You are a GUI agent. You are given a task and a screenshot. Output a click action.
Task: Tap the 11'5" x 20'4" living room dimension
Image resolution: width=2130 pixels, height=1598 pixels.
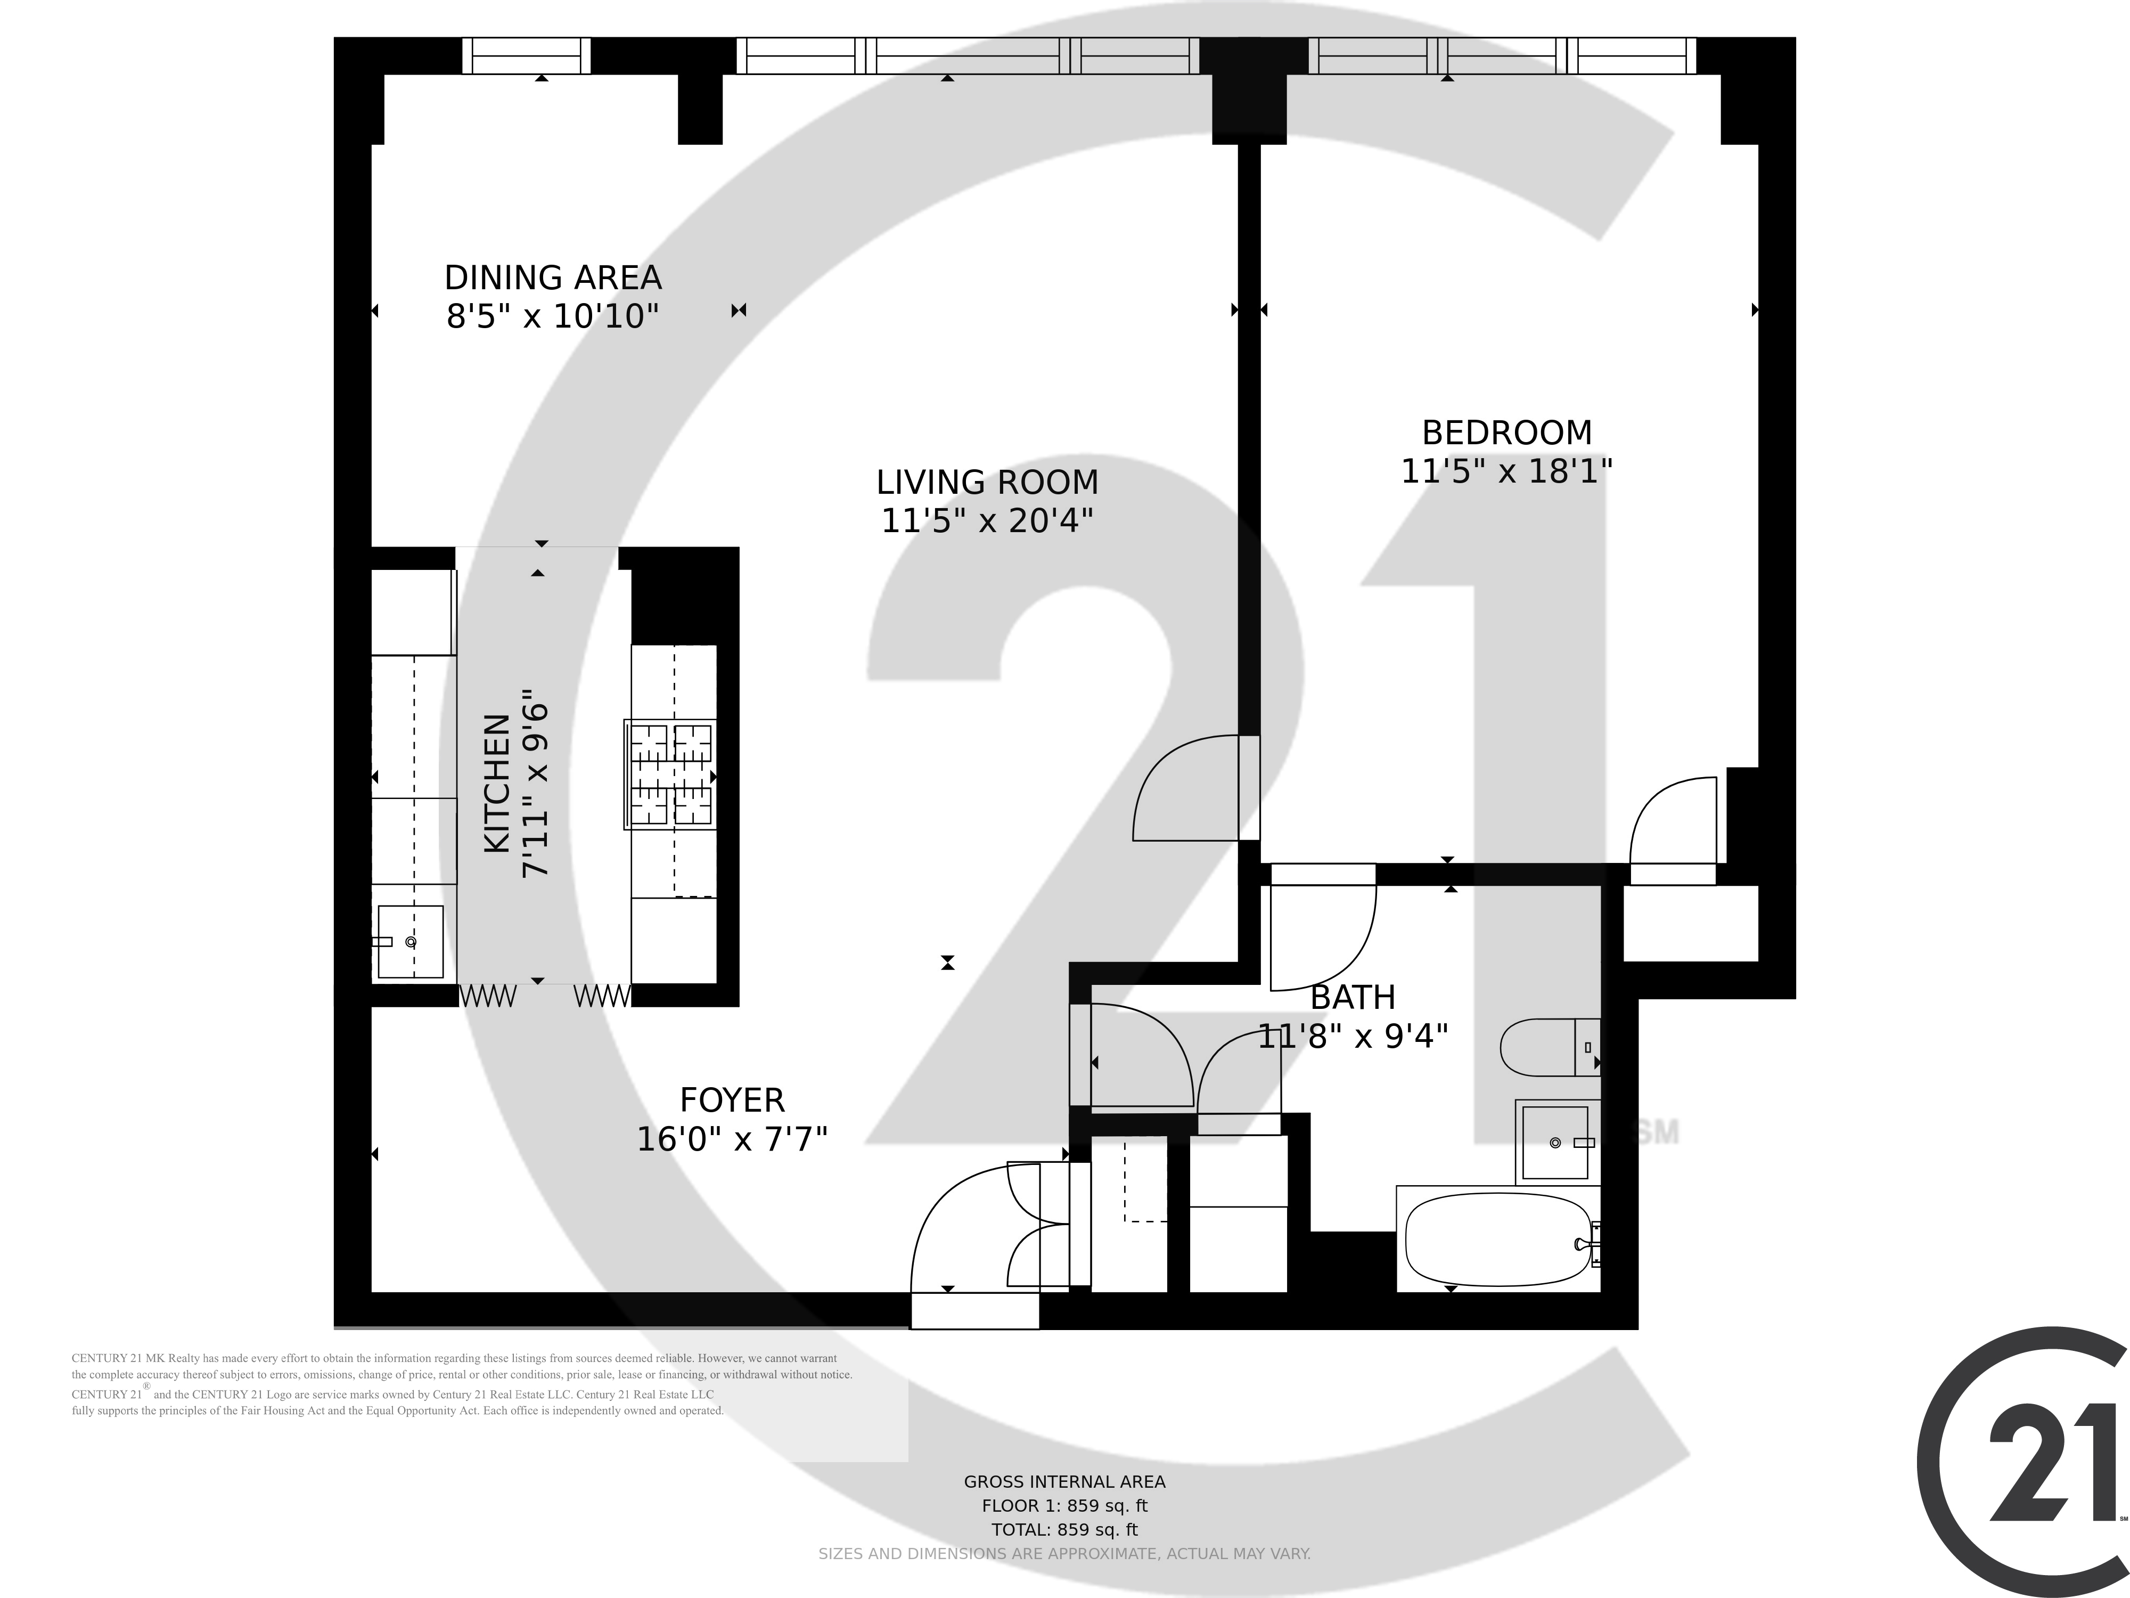[987, 521]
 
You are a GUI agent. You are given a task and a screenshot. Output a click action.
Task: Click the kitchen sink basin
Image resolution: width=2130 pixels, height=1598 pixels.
[410, 941]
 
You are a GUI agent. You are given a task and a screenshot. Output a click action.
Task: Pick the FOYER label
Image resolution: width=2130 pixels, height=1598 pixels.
[732, 1100]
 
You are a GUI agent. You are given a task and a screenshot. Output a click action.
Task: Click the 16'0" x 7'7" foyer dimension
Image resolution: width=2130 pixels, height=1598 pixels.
[732, 1139]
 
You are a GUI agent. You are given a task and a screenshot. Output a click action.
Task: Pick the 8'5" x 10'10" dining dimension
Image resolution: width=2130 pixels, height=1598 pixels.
[553, 316]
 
